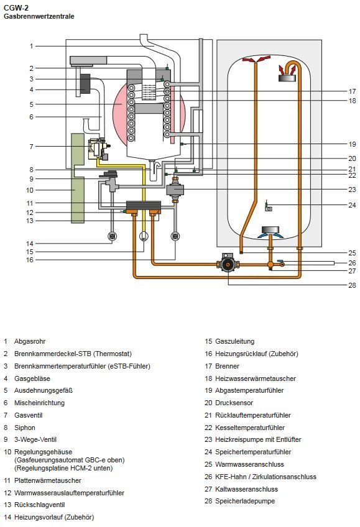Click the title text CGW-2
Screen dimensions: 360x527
[16, 8]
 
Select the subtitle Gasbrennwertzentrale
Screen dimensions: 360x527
[39, 16]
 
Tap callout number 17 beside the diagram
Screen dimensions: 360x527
[352, 91]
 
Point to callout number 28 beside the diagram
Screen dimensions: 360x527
[352, 285]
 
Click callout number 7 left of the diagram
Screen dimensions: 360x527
[31, 147]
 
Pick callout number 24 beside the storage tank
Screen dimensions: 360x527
[352, 205]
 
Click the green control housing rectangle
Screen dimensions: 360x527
[78, 178]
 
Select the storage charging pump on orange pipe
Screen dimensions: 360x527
[229, 265]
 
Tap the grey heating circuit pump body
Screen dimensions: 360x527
[175, 190]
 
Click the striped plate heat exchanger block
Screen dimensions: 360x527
[144, 205]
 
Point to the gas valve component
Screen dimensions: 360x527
[98, 149]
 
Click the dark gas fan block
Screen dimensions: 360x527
[85, 83]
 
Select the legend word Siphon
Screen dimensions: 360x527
[24, 428]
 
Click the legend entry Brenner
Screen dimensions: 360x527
[227, 366]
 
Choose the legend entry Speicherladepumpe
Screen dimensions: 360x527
[245, 501]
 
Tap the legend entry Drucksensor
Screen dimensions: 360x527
[234, 403]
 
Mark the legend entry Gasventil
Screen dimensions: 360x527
[28, 415]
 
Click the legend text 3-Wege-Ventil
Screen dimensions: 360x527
[35, 439]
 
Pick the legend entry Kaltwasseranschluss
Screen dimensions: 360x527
[246, 489]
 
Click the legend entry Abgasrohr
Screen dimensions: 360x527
[30, 341]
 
